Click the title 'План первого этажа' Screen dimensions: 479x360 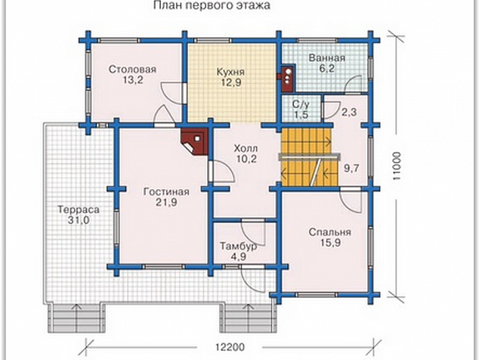click(x=212, y=5)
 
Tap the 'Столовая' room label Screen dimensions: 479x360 click(x=132, y=70)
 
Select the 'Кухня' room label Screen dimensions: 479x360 click(x=230, y=72)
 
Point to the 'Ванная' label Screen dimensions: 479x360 click(x=326, y=57)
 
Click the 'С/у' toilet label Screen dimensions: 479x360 click(x=301, y=104)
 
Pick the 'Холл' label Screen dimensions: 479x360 click(x=246, y=148)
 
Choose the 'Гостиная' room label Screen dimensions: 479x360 click(x=166, y=192)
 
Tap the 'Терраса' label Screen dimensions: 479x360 click(x=79, y=209)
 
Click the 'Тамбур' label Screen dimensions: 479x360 click(x=239, y=247)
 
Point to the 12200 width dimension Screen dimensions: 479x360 click(x=230, y=348)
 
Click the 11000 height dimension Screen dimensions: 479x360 click(x=396, y=166)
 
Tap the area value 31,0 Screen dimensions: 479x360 click(x=79, y=220)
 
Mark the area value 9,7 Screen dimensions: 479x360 click(x=351, y=168)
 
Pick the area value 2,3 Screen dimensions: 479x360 click(x=349, y=112)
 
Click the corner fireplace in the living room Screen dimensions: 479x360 click(x=194, y=141)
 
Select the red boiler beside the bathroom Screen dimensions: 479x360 click(x=287, y=79)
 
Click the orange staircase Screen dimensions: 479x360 click(x=310, y=157)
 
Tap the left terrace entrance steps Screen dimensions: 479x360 click(x=77, y=318)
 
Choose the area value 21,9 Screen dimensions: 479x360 click(x=166, y=203)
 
